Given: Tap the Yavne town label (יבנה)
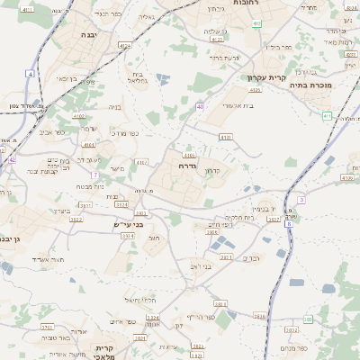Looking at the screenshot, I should [x=89, y=34].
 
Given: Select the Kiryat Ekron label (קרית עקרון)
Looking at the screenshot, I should [x=266, y=78].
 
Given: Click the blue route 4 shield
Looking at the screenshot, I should [x=31, y=73].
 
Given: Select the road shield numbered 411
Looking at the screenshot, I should [x=326, y=116].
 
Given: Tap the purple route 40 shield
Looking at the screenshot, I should [x=199, y=106].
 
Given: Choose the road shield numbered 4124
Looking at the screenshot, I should [x=124, y=43].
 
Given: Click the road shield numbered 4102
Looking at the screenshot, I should [x=79, y=116].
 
